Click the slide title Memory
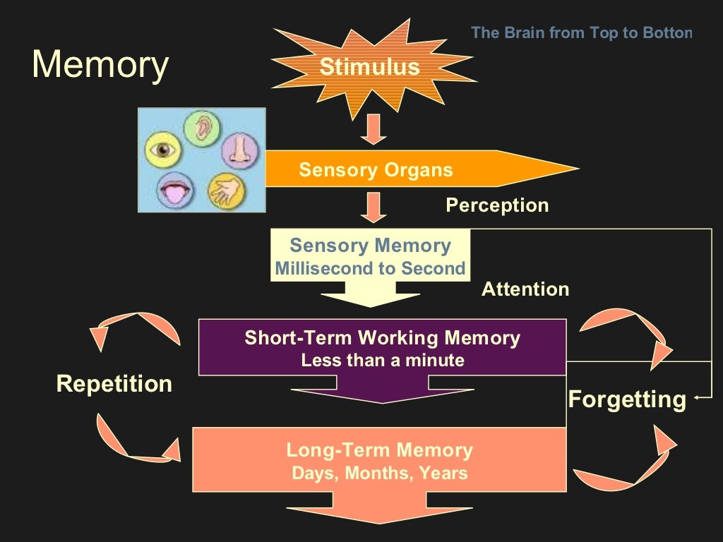pos(100,64)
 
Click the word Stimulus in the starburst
pos(369,67)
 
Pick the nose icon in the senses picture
pos(240,150)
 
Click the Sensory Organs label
pos(376,170)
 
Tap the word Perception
pos(497,205)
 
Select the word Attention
pos(525,289)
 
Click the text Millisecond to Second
pos(370,269)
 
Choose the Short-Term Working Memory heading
pos(382,338)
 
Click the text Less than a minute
pos(382,361)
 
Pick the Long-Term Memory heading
pos(379,450)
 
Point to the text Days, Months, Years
pos(379,473)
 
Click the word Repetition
pos(114,384)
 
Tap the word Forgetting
pos(627,399)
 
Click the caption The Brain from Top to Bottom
pos(581,32)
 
